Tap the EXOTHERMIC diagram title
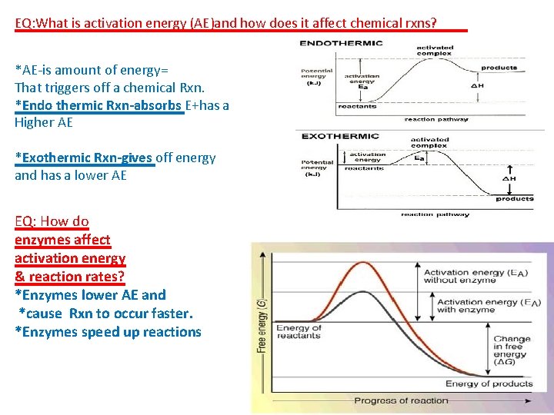click(340, 136)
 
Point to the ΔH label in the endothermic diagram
click(478, 85)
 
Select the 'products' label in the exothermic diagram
click(514, 199)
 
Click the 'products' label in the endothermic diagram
click(499, 68)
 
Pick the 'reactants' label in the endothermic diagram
click(357, 106)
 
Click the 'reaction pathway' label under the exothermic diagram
click(435, 214)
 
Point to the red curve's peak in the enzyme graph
click(365, 264)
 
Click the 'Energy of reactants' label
click(299, 332)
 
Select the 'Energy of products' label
click(489, 383)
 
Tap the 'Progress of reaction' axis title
click(401, 400)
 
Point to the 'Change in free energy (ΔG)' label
click(512, 350)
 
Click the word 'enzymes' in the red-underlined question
click(43, 240)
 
